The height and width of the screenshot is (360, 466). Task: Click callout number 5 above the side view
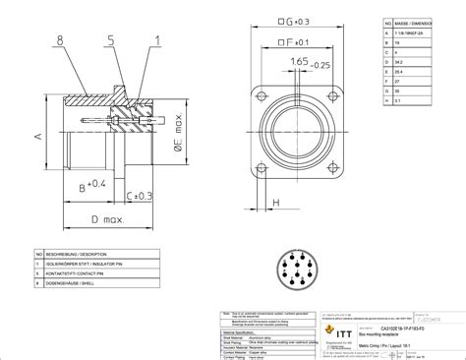(112, 40)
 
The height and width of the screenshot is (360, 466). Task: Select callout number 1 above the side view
(156, 40)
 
